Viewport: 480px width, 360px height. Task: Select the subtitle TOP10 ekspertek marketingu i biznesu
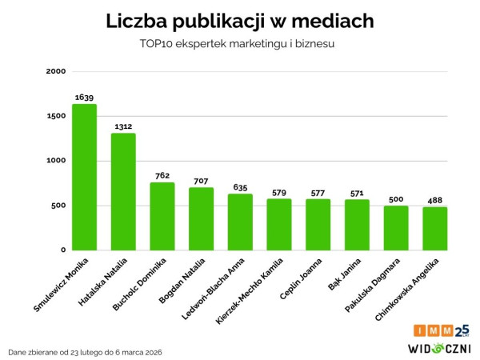[240, 44]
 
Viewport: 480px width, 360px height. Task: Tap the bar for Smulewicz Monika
[84, 177]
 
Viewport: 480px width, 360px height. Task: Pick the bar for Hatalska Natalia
[123, 191]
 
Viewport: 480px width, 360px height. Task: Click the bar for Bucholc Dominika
[162, 216]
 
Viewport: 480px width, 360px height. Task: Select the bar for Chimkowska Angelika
[435, 228]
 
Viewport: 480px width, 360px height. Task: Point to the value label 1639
[84, 97]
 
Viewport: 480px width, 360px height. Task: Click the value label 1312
[123, 126]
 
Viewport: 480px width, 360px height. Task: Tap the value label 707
[201, 180]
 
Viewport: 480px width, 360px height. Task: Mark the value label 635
[240, 186]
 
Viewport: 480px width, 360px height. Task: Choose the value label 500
[396, 198]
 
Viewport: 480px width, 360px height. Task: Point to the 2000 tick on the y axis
[55, 71]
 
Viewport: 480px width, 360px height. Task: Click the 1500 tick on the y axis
[55, 116]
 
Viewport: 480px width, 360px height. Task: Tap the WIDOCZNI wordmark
[439, 348]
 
